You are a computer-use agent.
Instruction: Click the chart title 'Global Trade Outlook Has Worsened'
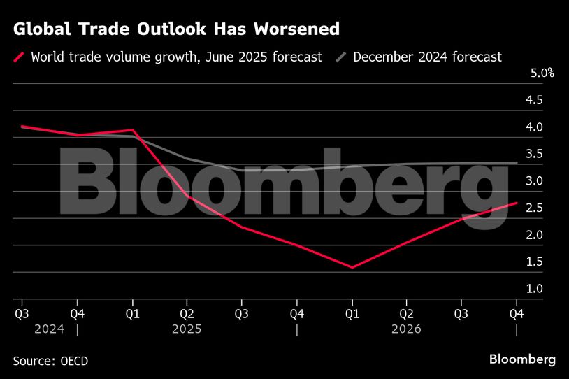176,29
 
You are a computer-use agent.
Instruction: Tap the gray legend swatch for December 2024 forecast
341,57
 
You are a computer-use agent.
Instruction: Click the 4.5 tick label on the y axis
534,100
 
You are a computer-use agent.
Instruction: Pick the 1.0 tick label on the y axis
534,289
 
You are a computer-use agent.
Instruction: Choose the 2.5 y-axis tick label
534,208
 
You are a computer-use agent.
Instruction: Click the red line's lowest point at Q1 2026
352,267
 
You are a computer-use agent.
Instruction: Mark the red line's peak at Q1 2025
133,130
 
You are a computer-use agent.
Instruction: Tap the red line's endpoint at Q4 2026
516,203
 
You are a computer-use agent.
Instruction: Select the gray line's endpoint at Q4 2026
516,163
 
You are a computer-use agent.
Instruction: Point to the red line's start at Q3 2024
22,127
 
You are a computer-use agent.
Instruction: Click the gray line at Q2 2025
187,159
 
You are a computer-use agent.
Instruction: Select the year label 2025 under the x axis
187,328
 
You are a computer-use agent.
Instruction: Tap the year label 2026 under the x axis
407,328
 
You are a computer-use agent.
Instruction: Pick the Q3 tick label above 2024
22,313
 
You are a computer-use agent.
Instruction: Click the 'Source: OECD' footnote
50,360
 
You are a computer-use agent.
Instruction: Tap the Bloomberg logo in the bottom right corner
521,359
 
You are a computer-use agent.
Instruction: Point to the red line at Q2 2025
187,196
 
